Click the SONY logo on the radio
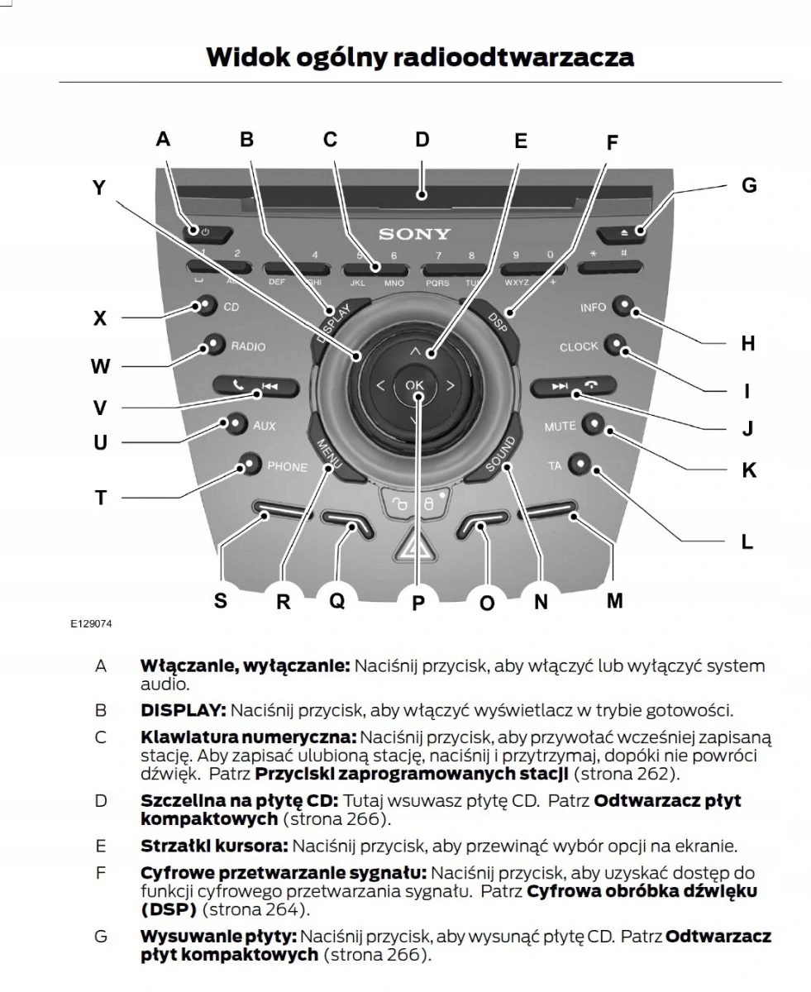414,235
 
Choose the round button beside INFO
625,308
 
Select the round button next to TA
580,465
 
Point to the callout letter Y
99,188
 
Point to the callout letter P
418,603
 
